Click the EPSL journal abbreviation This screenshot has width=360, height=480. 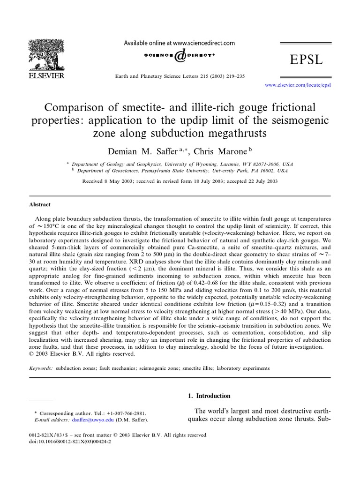coord(307,60)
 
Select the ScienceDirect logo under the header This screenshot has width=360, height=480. coord(179,56)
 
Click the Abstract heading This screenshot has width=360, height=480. coord(40,205)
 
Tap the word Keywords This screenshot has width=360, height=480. coord(41,368)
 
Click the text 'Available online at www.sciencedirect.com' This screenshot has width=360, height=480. coord(179,43)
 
